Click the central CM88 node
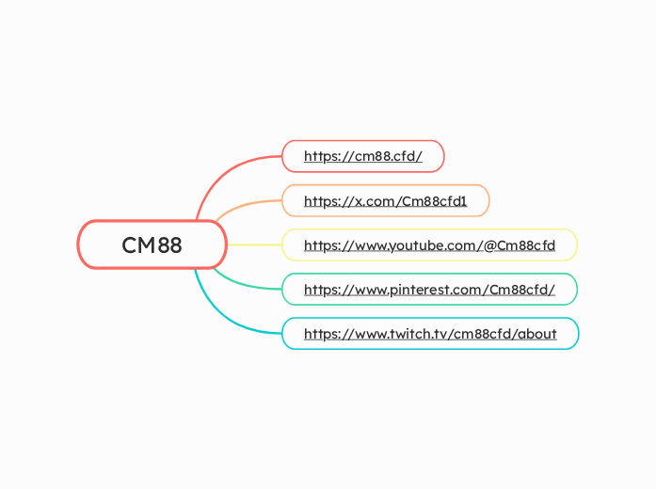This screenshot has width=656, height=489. (152, 245)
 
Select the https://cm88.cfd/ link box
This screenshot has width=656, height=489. (362, 156)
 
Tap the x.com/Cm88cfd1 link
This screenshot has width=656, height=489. (385, 200)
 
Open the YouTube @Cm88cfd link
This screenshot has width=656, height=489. (429, 245)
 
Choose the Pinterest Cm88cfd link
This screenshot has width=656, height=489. (429, 290)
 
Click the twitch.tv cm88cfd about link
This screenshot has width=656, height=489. (430, 334)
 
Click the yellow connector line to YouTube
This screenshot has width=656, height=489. (254, 244)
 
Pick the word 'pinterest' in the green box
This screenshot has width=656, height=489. (419, 290)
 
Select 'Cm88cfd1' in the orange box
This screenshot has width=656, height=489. (434, 200)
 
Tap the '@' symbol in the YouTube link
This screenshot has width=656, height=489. (489, 245)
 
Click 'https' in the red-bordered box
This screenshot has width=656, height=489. (321, 156)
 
